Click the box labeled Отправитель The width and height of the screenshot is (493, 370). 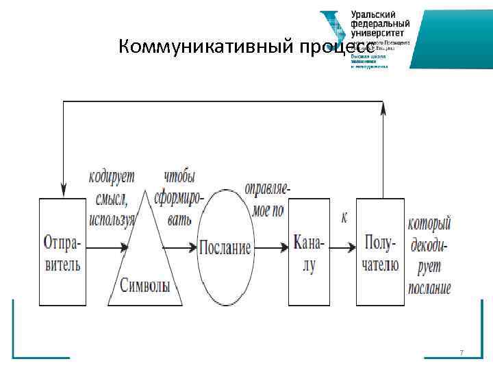click(x=62, y=251)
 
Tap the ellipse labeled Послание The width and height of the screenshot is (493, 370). click(x=225, y=247)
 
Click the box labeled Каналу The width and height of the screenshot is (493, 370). click(x=309, y=251)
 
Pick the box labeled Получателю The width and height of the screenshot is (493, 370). click(x=380, y=251)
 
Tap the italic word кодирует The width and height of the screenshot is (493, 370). click(x=112, y=177)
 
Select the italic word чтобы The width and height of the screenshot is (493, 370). click(x=179, y=177)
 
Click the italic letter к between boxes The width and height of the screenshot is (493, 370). click(x=344, y=218)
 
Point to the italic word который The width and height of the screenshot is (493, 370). click(x=429, y=223)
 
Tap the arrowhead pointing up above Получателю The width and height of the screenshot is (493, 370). click(x=381, y=108)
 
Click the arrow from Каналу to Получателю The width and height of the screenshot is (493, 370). click(x=342, y=247)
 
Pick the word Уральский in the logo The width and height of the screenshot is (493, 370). click(x=376, y=14)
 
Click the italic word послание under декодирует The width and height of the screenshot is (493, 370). click(x=429, y=288)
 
